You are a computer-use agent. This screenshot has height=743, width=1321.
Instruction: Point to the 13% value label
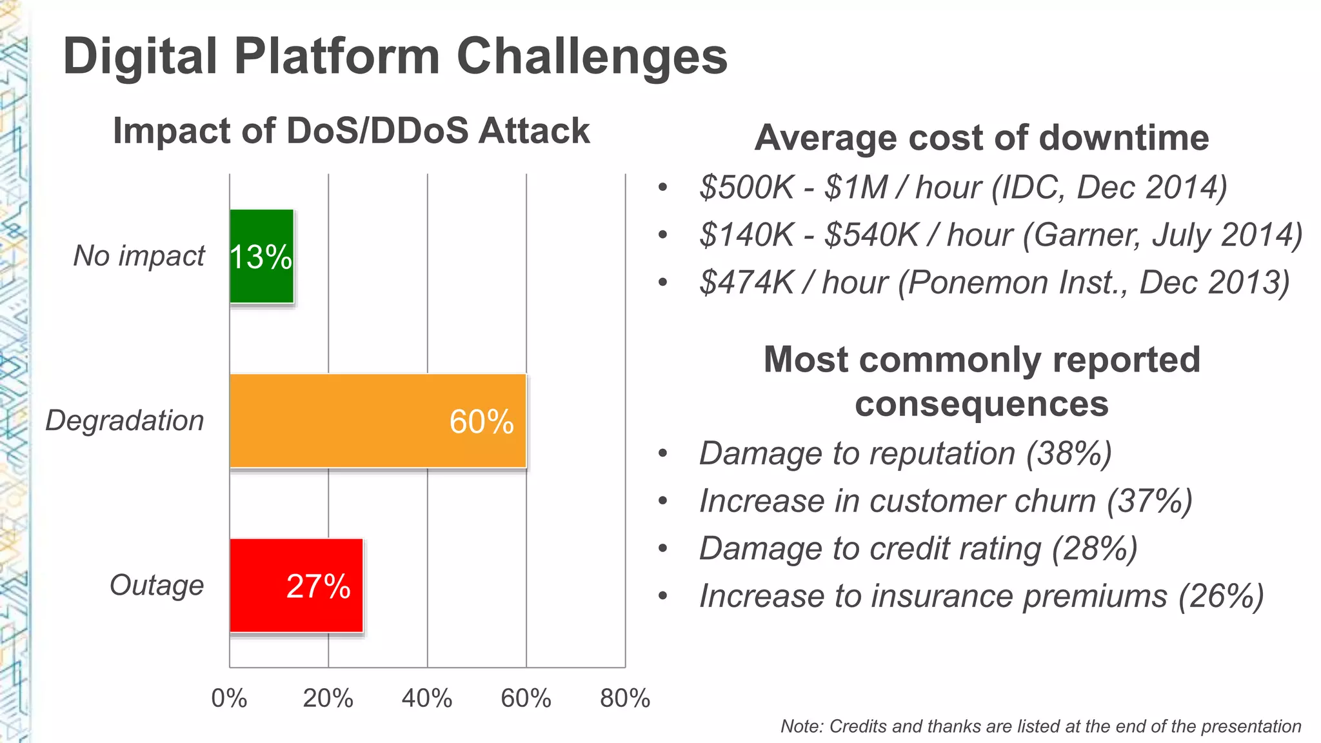click(261, 257)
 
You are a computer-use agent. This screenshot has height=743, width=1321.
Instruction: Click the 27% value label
click(318, 586)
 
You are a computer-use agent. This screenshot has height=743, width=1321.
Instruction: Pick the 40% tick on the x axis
click(427, 698)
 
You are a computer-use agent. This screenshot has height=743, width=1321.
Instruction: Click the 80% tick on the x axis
click(625, 698)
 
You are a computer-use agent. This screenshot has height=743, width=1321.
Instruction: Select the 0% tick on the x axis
click(229, 698)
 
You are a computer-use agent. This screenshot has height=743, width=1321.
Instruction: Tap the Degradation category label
click(124, 421)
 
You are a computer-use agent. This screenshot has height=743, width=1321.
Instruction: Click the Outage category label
click(157, 586)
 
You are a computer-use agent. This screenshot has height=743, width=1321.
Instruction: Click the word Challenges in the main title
click(591, 57)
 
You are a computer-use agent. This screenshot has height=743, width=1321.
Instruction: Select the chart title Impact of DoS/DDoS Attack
click(351, 131)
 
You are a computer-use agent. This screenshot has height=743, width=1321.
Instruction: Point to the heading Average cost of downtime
click(981, 137)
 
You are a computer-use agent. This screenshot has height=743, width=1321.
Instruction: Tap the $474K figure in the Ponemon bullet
click(746, 282)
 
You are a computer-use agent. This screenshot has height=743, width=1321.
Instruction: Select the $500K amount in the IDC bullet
click(746, 188)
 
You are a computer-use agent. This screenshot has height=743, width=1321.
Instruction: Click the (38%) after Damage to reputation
click(1069, 453)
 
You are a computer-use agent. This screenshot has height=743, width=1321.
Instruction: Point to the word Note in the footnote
click(800, 726)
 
